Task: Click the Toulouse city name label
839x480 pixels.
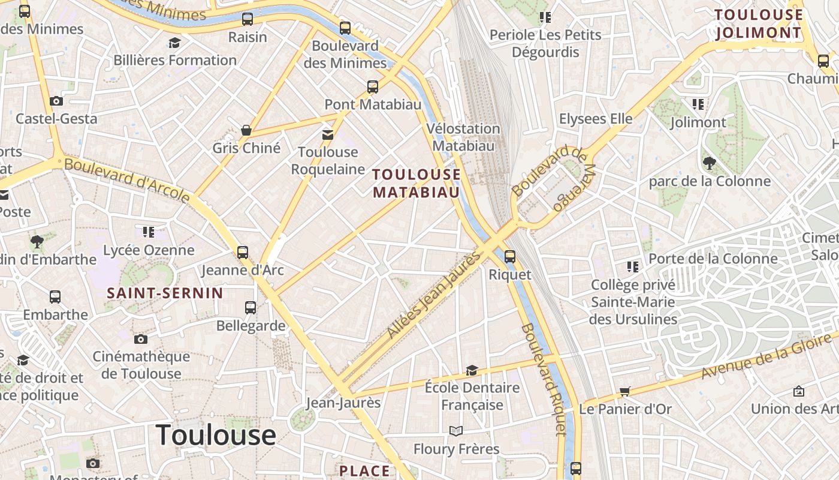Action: pos(216,435)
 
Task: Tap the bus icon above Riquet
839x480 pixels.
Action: pos(510,256)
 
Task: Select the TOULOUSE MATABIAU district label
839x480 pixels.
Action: pos(417,183)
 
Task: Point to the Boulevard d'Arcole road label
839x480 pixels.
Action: pos(127,180)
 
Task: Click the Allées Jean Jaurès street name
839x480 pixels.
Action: pos(434,295)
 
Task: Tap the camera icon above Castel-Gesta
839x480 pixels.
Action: pos(56,101)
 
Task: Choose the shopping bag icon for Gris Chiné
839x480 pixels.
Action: pos(246,130)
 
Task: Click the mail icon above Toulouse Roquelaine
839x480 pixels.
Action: pos(328,134)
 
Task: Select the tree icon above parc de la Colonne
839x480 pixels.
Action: pos(710,163)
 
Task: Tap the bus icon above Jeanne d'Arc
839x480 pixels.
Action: pos(243,252)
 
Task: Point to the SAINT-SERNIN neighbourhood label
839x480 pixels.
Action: pos(165,293)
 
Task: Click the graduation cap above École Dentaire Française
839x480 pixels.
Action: pos(472,370)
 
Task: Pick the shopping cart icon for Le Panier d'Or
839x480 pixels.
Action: pos(625,392)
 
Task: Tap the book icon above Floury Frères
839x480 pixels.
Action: pos(456,431)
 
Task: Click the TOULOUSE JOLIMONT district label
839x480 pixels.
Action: pos(759,23)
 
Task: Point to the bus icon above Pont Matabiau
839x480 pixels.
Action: pos(373,86)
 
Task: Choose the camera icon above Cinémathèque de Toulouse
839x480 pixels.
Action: pos(141,339)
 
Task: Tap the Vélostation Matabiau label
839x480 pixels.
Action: pos(463,137)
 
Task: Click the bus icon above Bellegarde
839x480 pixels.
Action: pos(251,308)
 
